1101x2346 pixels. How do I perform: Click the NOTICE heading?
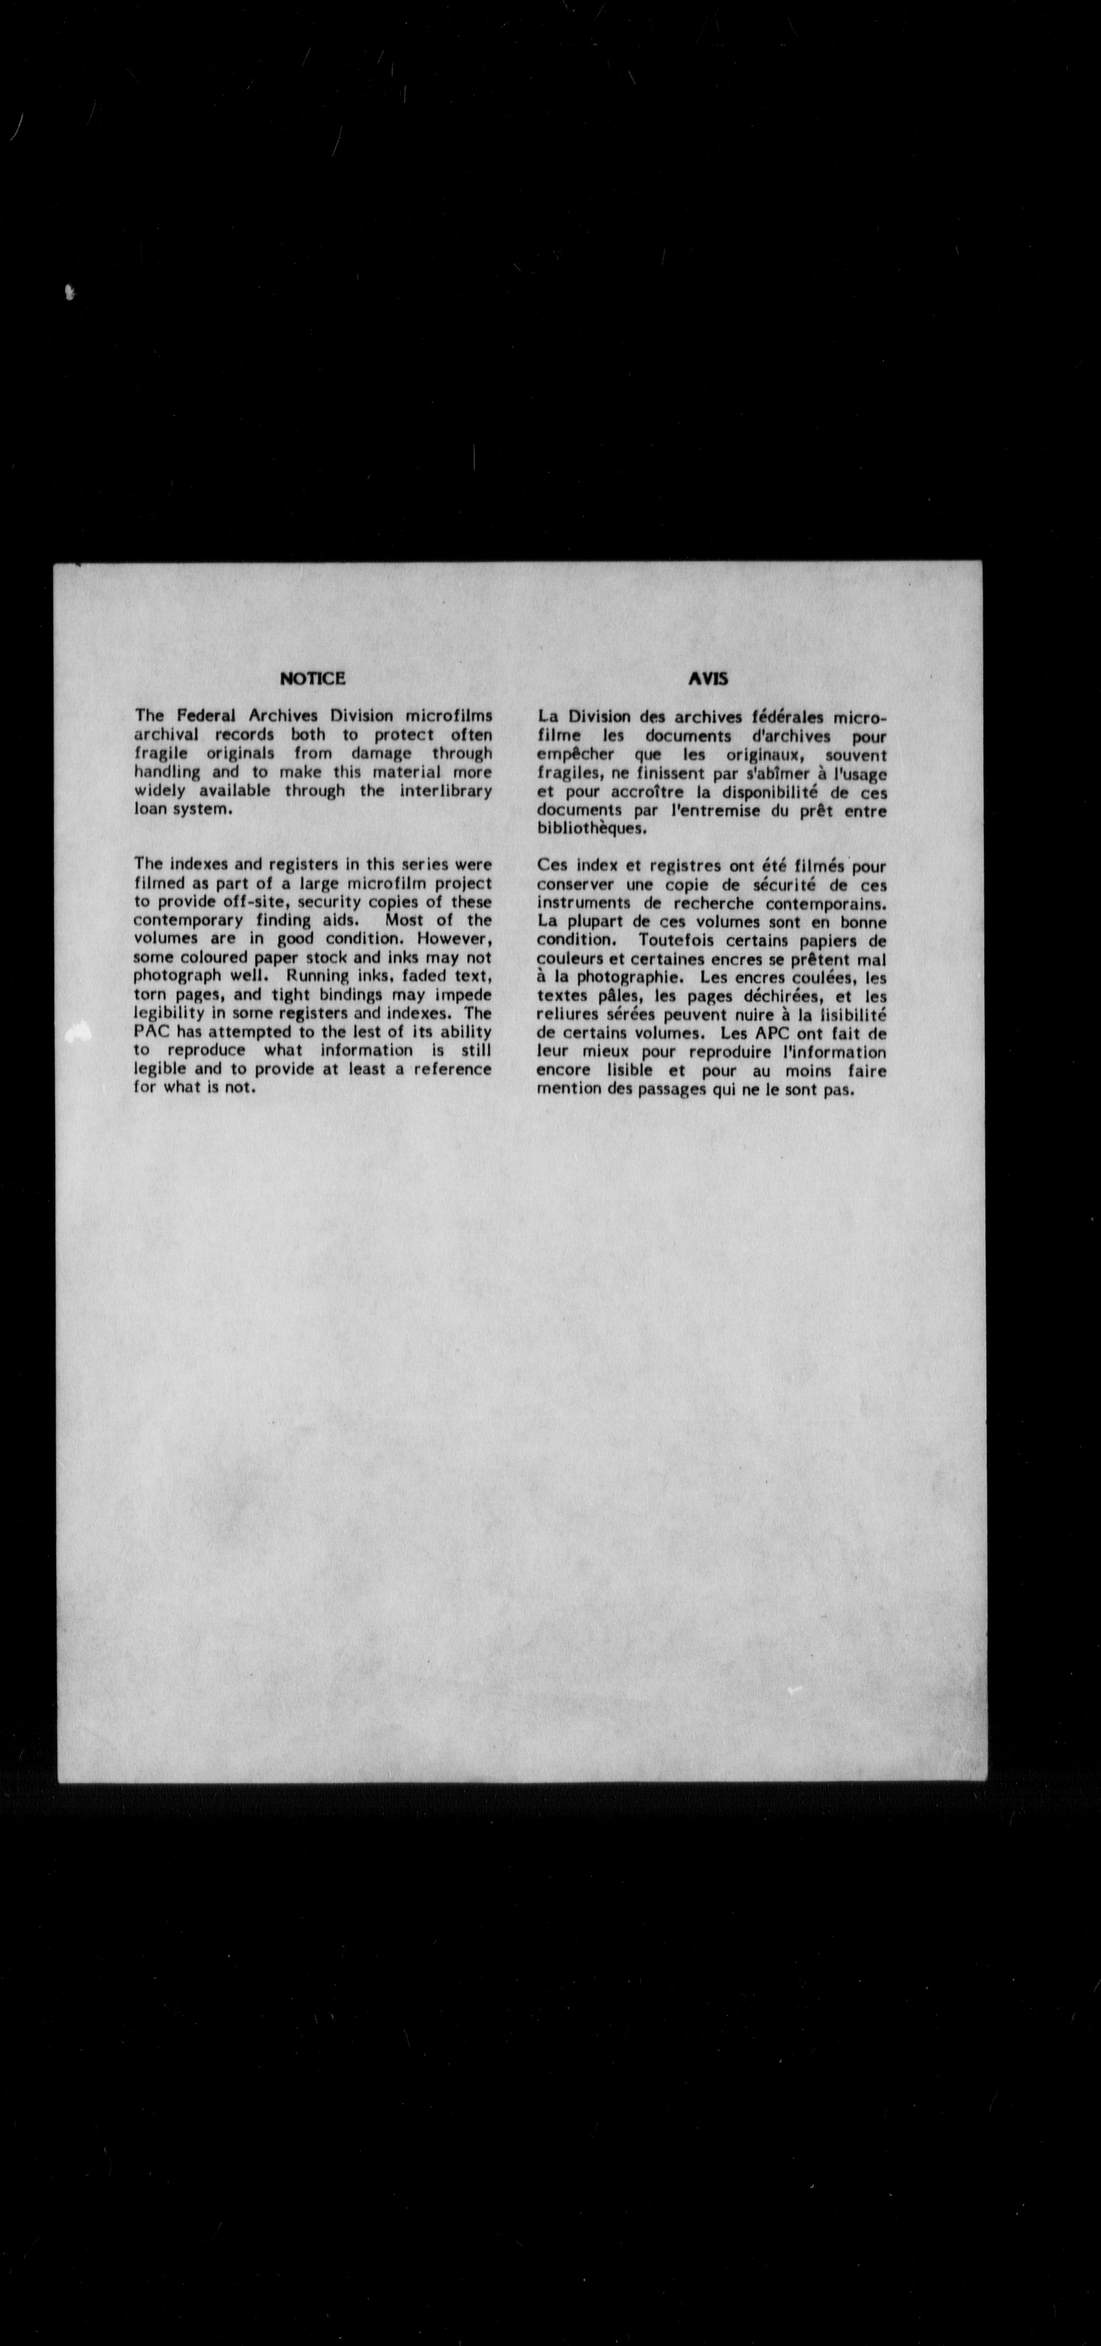[x=312, y=678]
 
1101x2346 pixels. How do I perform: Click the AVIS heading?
[x=708, y=678]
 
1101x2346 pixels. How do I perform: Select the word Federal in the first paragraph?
[x=206, y=716]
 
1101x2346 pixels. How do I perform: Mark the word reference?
[x=453, y=1069]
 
